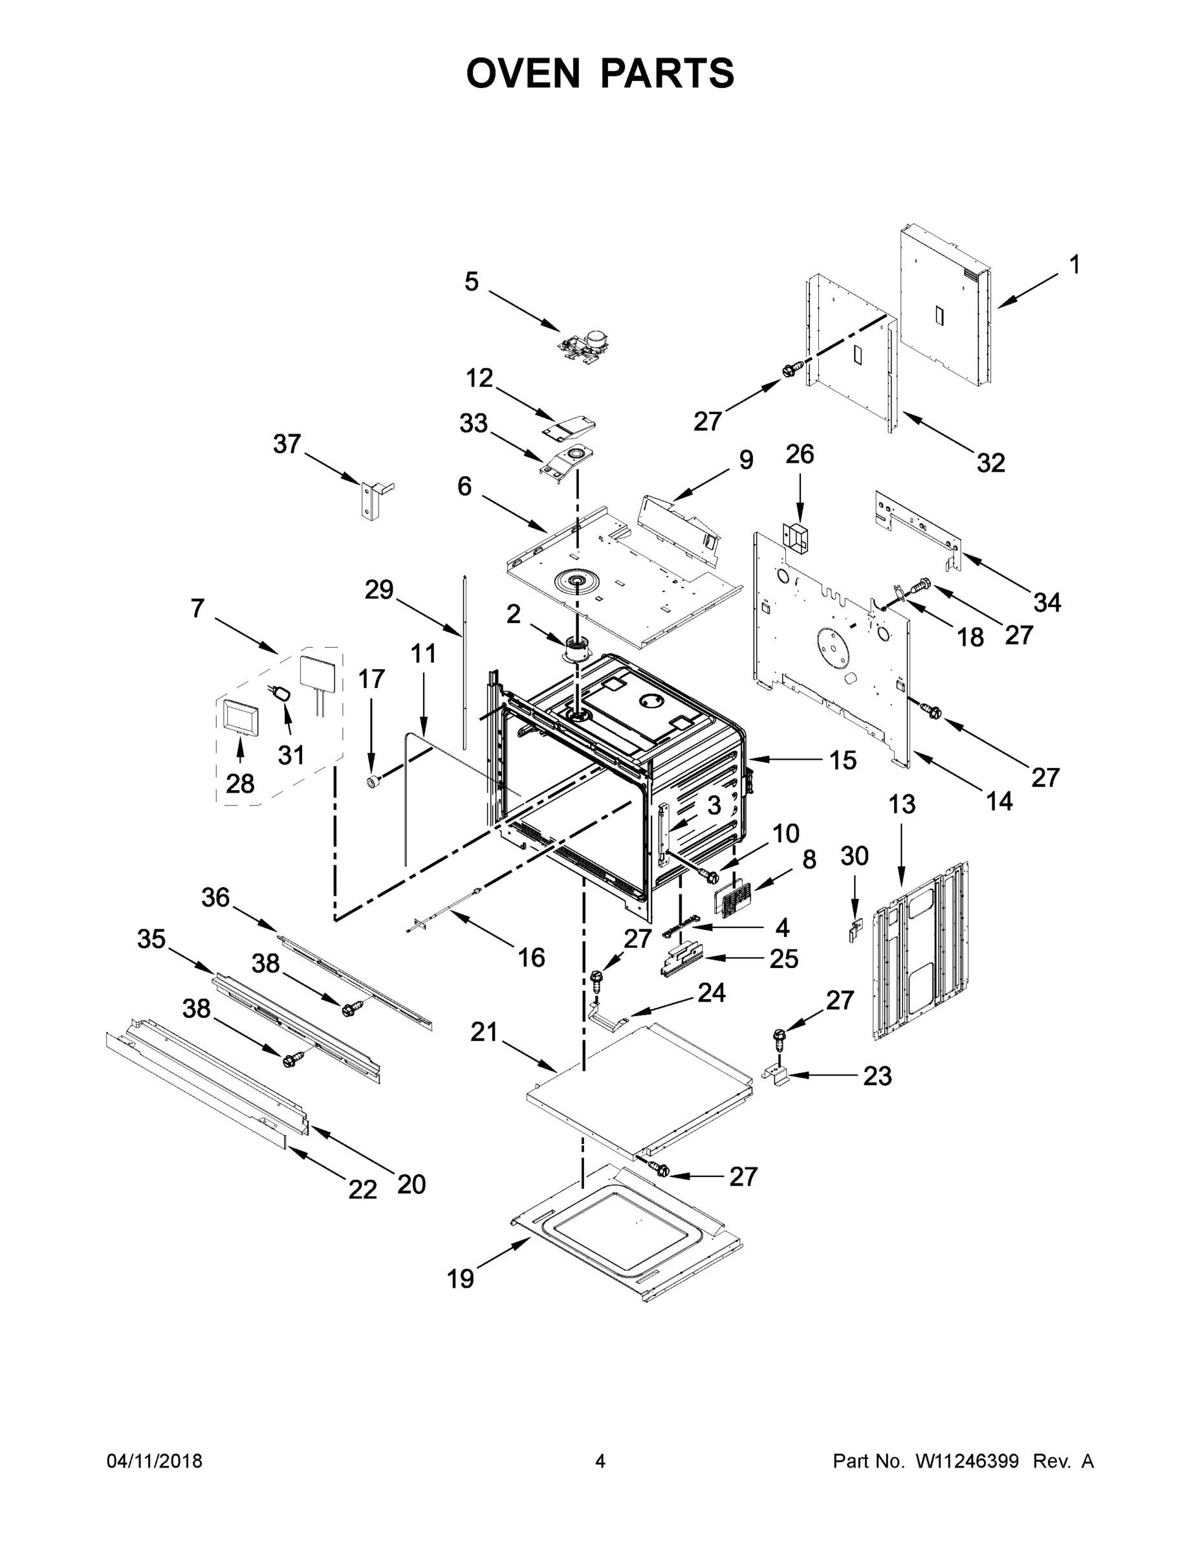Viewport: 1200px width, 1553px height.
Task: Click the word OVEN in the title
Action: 523,73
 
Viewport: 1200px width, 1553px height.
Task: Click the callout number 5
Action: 472,281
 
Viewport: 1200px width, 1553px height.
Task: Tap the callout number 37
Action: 287,445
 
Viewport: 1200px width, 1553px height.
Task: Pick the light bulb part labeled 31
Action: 281,692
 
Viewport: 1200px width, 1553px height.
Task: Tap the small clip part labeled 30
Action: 855,927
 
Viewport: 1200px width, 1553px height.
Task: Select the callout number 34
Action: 1047,602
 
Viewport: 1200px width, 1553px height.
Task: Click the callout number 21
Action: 484,1032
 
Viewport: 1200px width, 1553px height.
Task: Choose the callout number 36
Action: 215,898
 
